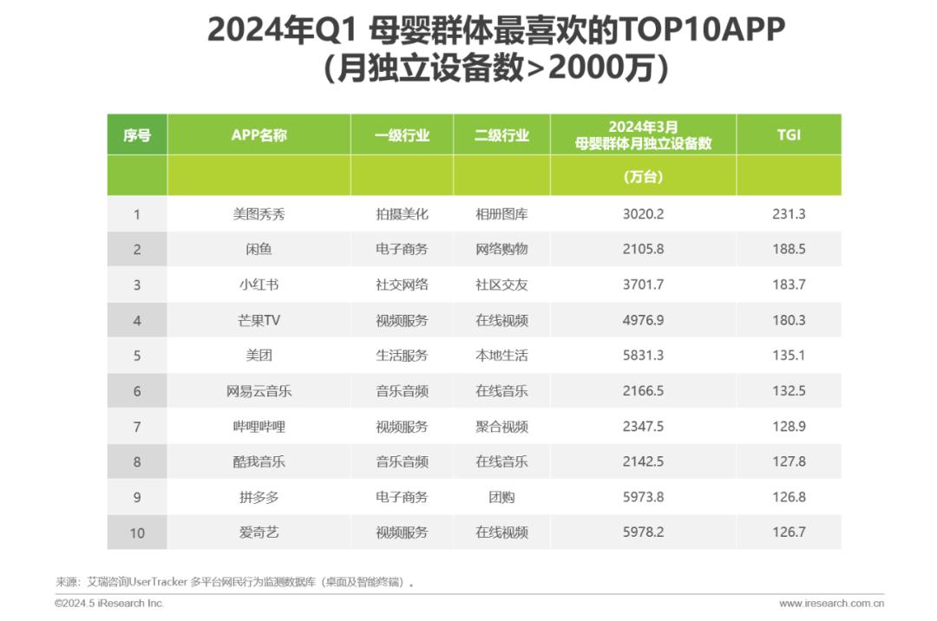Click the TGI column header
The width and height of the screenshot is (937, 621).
789,135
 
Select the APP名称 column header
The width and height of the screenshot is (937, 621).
259,135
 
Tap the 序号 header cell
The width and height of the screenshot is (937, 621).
137,135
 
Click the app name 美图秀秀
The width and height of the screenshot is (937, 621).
259,214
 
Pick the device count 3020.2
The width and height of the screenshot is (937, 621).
643,214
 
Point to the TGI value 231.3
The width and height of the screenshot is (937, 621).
789,214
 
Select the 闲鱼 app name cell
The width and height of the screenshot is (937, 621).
259,250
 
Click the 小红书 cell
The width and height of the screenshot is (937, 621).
259,284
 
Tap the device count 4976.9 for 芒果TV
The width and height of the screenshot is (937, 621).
643,320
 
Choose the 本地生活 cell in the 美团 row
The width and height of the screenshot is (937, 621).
501,356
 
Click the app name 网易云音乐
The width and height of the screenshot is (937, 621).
259,391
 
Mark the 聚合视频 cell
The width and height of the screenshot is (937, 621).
501,427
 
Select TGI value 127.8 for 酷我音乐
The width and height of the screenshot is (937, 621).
789,462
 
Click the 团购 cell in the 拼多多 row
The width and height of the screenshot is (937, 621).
501,498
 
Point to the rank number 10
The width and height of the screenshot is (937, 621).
137,533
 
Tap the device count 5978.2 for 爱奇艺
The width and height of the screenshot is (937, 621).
643,533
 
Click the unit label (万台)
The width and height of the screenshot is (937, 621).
643,177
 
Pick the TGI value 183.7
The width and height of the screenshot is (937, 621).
789,284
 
